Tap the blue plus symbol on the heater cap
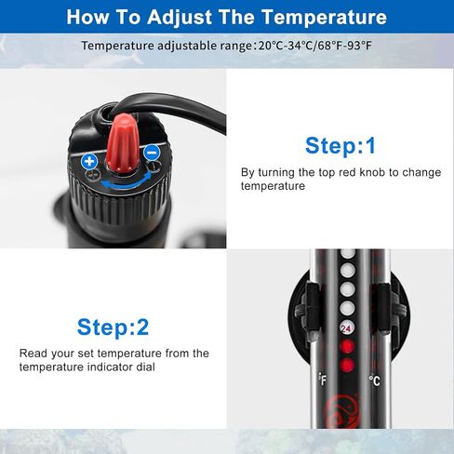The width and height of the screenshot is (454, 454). tap(90, 161)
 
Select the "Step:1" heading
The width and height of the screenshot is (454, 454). tap(340, 146)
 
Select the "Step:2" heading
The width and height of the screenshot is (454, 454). tap(113, 327)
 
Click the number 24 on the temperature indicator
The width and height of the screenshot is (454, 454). tap(346, 328)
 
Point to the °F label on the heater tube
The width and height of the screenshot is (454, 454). tap(322, 380)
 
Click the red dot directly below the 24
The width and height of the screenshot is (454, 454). tap(346, 346)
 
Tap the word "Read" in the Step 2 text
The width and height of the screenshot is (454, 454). tap(33, 353)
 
